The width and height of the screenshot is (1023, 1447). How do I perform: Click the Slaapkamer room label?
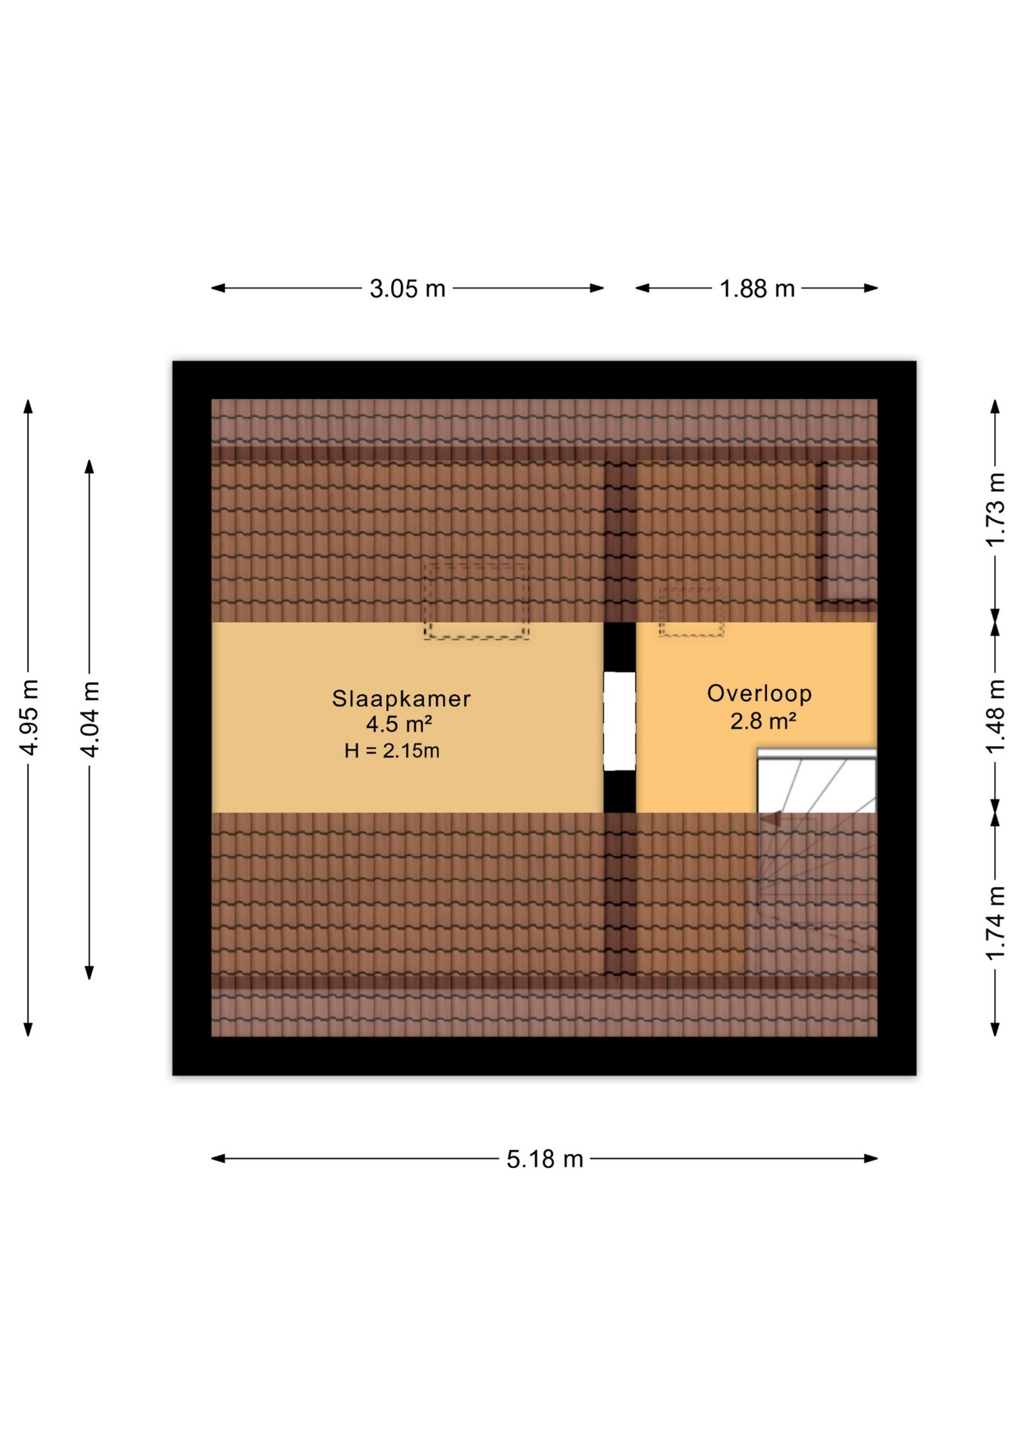point(402,699)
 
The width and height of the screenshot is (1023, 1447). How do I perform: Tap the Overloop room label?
point(759,693)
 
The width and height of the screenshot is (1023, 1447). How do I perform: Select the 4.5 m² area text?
point(399,724)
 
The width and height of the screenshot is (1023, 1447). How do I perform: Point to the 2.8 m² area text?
point(763,721)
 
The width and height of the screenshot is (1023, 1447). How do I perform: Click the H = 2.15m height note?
point(392,751)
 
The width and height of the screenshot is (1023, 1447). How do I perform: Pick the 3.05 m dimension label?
point(408,289)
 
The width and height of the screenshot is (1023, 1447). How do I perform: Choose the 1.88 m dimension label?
point(757,289)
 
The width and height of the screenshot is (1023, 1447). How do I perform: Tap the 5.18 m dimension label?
point(545,1159)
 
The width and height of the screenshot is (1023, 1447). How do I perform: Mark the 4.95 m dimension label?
point(29,717)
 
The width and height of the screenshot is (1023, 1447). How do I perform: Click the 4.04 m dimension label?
point(90,718)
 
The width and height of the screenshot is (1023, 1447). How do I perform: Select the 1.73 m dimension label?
point(996,510)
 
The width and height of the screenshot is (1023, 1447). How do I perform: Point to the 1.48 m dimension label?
point(996,716)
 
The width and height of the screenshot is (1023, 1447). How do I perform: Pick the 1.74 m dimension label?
point(996,923)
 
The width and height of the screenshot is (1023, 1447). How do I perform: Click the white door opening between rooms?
point(619,721)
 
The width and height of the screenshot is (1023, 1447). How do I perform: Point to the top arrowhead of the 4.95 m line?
point(29,407)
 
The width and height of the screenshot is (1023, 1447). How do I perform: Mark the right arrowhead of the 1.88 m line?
point(871,288)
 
